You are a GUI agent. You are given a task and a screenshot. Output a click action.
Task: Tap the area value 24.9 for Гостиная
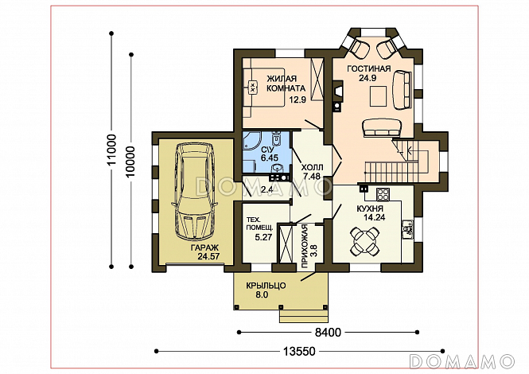pyautogui.click(x=368, y=78)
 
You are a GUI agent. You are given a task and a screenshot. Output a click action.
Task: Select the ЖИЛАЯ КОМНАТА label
pyautogui.click(x=286, y=84)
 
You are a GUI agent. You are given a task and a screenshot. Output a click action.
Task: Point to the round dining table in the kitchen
pyautogui.click(x=364, y=241)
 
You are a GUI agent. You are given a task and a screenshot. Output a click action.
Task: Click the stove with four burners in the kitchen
pyautogui.click(x=383, y=193)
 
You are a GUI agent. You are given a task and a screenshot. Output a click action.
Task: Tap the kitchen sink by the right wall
pyautogui.click(x=408, y=229)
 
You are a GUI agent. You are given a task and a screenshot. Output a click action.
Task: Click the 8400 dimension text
pyautogui.click(x=328, y=333)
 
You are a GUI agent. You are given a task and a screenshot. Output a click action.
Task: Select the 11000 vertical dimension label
pyautogui.click(x=111, y=150)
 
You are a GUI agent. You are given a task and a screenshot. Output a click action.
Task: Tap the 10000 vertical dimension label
pyautogui.click(x=130, y=162)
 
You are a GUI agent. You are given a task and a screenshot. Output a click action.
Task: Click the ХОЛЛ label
pyautogui.click(x=312, y=167)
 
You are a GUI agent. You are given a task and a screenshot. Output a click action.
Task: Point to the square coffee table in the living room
pyautogui.click(x=378, y=95)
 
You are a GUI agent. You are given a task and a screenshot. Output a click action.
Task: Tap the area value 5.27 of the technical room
pyautogui.click(x=263, y=237)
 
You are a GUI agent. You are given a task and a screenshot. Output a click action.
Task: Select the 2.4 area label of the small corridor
pyautogui.click(x=266, y=189)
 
